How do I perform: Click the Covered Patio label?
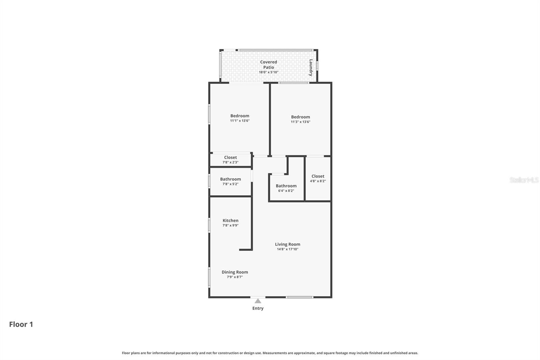[269, 65]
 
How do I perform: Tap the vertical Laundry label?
[311, 68]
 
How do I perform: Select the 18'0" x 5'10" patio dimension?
[269, 72]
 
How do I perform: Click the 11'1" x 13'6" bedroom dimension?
[240, 121]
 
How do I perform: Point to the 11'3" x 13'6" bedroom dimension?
[300, 122]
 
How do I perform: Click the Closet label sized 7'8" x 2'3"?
[231, 157]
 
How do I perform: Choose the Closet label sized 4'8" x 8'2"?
[318, 176]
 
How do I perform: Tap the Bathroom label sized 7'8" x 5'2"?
[231, 179]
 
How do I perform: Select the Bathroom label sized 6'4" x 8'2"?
[286, 186]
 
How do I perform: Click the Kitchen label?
[231, 221]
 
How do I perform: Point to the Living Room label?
[288, 244]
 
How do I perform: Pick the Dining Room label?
[235, 272]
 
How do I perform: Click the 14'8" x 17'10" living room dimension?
[288, 249]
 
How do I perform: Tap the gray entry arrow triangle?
[258, 301]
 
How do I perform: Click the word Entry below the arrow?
[258, 308]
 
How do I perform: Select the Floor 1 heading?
[21, 324]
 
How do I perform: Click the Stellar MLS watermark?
[524, 180]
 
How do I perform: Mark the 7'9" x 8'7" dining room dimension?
[235, 277]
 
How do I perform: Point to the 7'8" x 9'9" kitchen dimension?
[231, 225]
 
